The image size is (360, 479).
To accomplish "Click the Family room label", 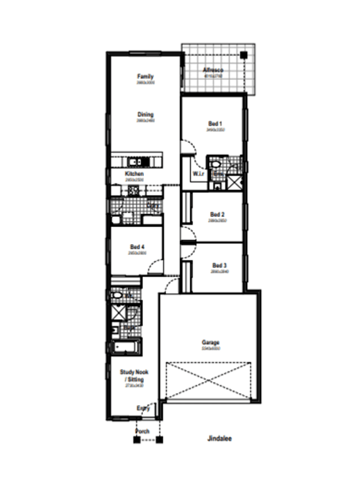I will (x=145, y=76).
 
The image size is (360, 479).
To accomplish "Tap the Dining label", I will (x=145, y=115).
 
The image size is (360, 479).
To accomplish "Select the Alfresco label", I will (x=213, y=70).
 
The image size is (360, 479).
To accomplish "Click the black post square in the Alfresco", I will (x=243, y=55).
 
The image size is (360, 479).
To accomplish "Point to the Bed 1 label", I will (x=215, y=124).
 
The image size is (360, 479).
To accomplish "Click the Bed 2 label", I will (x=217, y=215).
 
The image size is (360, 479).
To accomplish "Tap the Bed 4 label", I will (x=137, y=247).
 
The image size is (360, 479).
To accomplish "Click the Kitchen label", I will (x=134, y=174).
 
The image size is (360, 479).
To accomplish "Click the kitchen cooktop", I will (x=133, y=190).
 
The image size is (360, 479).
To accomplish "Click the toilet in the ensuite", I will (x=215, y=163).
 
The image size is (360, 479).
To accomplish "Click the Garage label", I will (x=210, y=343).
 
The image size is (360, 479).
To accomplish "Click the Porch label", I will (x=143, y=431).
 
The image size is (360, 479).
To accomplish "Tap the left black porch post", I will (x=136, y=440).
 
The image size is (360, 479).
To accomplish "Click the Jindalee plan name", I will (x=220, y=438).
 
